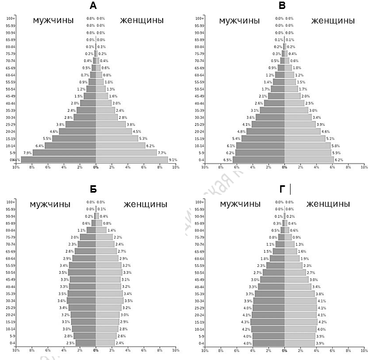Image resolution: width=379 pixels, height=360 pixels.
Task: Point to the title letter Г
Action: (x=282, y=189)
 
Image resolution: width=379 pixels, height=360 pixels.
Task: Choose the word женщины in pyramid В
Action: (x=333, y=21)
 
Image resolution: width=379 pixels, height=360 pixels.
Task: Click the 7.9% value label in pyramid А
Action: (x=28, y=153)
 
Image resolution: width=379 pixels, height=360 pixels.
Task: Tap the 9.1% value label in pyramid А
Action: (x=173, y=159)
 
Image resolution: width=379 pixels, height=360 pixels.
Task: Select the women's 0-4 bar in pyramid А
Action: (x=132, y=159)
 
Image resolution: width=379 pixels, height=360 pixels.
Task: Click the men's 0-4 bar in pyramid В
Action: (x=258, y=159)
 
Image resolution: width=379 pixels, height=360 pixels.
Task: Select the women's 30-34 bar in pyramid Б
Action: (x=109, y=301)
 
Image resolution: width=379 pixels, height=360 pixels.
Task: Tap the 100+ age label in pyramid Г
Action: (x=200, y=202)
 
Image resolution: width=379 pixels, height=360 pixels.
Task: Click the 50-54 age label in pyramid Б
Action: (x=11, y=272)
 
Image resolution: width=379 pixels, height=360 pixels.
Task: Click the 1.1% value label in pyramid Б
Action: (x=82, y=230)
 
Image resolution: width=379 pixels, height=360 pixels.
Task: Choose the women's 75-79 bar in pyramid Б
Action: (x=104, y=237)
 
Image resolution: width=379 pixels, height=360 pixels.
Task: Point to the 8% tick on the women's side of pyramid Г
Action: (x=348, y=350)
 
